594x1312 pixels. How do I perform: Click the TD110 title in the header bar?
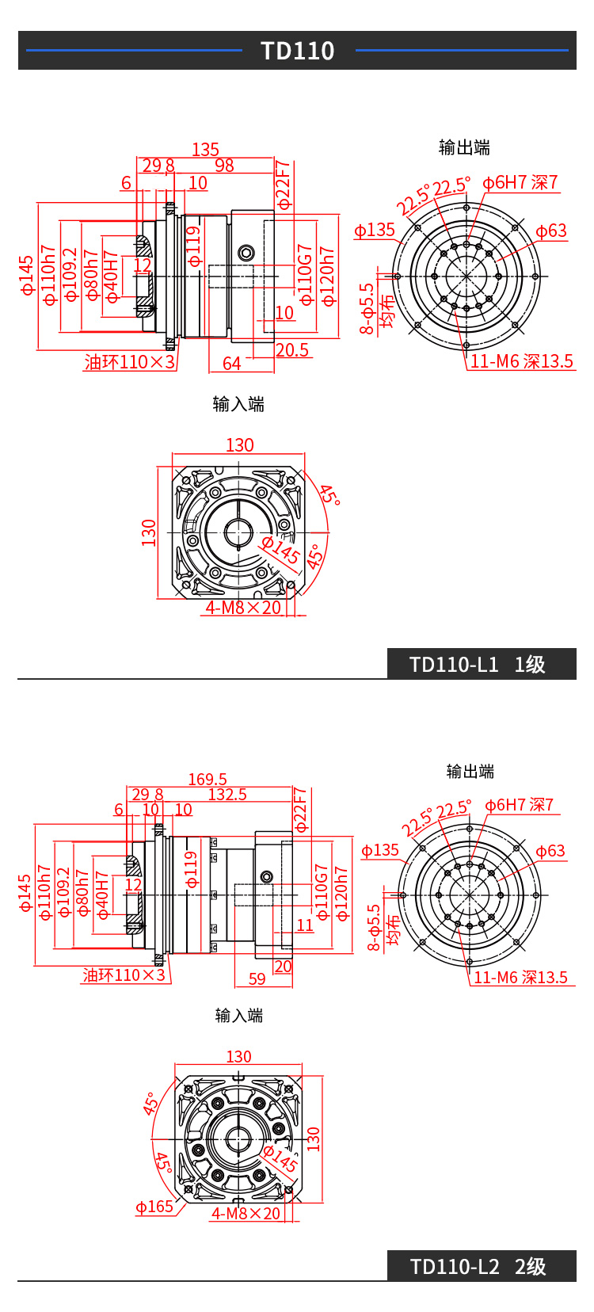pos(298,51)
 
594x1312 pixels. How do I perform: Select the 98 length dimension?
pos(224,166)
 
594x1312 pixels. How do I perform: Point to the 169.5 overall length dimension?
pos(208,780)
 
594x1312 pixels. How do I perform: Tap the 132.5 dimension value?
pos(227,795)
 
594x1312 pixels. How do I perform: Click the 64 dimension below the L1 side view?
pos(231,364)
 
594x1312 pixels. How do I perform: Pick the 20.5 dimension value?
pos(292,350)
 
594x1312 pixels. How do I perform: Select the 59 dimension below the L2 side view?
pos(257,979)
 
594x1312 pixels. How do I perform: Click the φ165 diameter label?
pos(154,1207)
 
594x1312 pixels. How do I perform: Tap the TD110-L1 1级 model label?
pos(478,665)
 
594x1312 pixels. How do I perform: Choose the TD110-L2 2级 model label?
pos(478,1267)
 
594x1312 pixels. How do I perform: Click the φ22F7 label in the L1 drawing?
pos(283,185)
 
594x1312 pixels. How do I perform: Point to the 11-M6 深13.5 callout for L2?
pos(520,978)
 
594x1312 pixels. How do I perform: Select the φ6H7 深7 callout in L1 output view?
pos(520,183)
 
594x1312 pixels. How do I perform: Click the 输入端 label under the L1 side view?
pos(238,405)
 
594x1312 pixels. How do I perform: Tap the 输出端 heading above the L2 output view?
pos(470,772)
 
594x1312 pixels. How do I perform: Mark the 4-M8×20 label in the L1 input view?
pos(243,608)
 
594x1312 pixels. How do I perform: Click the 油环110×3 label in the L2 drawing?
pos(124,975)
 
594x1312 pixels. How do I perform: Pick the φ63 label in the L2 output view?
pos(550,852)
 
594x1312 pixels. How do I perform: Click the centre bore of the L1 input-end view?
pos(238,532)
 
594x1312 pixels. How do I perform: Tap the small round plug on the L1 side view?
pos(246,254)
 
